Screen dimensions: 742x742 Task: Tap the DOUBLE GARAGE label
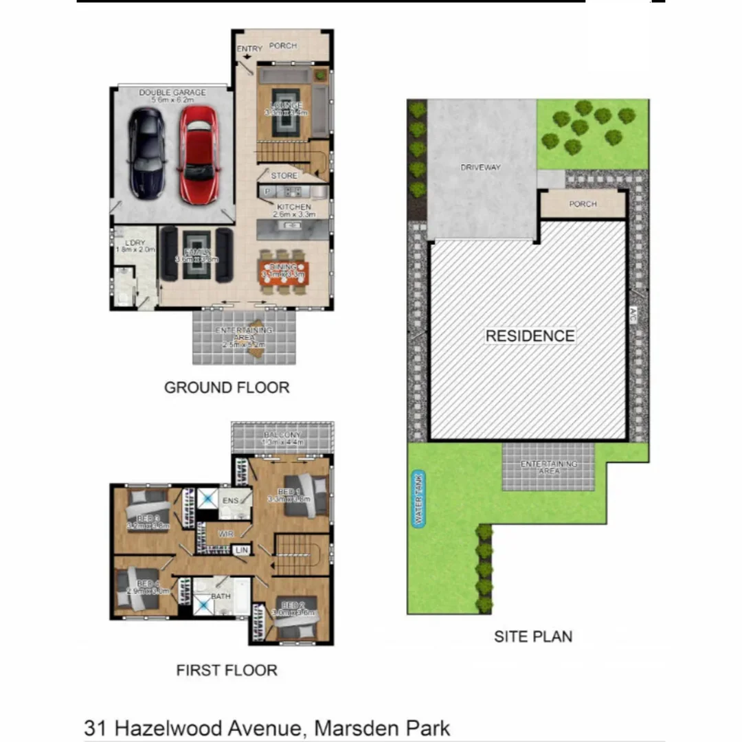coord(172,93)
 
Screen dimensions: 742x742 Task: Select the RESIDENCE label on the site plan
coord(530,336)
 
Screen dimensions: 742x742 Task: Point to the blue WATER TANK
coord(418,499)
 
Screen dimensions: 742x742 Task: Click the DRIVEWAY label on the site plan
coord(481,167)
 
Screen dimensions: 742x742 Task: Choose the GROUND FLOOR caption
coord(227,387)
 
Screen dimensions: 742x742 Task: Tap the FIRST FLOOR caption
coord(227,671)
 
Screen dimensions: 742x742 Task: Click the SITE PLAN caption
coord(533,637)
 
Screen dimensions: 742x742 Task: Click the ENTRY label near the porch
coord(249,49)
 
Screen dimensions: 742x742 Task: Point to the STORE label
coord(284,177)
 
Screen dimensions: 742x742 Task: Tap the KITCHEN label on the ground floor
coord(294,207)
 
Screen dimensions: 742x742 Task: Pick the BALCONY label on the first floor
coord(282,436)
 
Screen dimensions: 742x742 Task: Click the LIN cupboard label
coord(241,550)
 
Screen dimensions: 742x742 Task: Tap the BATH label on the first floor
coord(221,596)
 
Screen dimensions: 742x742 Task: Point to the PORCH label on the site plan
coord(583,204)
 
